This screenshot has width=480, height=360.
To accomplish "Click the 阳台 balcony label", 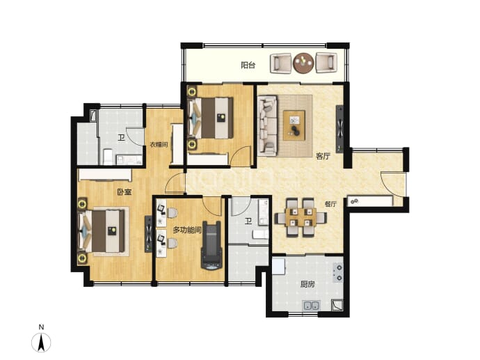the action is coord(248,65).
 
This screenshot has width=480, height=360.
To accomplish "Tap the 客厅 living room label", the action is coord(323,156).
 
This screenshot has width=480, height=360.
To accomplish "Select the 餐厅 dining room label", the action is coord(330,204).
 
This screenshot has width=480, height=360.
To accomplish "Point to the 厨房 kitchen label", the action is coord(307,284).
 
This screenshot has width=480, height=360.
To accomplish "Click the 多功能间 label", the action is coord(187,230).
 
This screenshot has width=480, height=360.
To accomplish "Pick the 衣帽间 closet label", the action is coord(159,145).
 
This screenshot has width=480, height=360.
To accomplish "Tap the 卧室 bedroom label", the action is coord(125,192).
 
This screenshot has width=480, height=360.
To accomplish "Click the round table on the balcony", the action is coord(303,63).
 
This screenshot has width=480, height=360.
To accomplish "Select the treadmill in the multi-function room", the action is coord(211,246).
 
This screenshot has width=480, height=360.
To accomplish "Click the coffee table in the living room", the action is coord(294,125).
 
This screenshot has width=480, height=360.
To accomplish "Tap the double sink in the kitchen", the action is coord(311,306).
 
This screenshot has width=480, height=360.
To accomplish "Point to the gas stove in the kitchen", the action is coord(338,273).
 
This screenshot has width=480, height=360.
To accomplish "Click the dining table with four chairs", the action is coord(301,218).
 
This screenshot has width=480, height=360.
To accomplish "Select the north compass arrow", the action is coord(41,342).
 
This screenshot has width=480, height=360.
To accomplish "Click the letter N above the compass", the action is coord(41,327).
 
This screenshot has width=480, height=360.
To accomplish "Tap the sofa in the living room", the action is coord(267,125).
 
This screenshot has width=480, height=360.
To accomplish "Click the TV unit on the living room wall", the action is coord(339,129).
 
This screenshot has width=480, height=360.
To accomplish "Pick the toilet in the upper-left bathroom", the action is coord(108,157).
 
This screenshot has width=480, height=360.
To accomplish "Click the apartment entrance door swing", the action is coord(393,185).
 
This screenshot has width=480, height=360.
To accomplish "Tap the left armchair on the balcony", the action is coord(281,63).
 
